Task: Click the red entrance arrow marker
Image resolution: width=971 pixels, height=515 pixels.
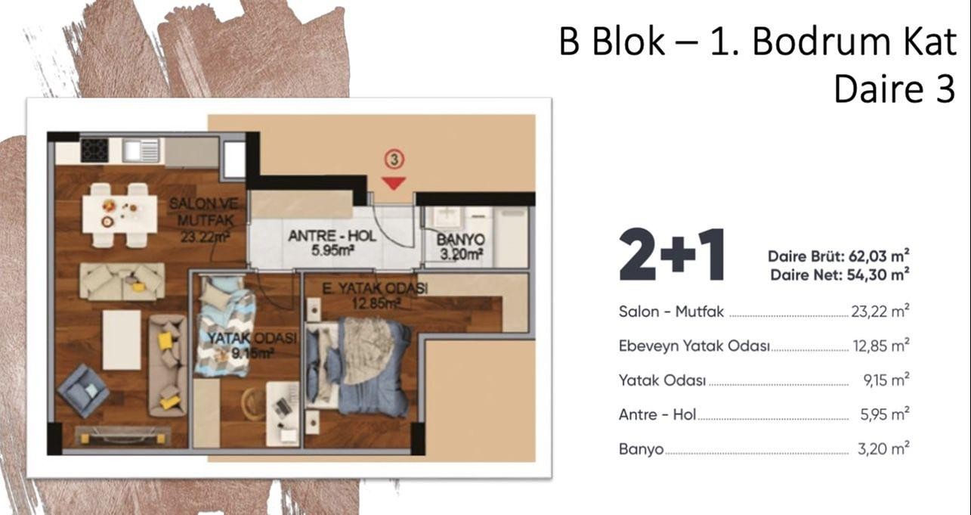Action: pyautogui.click(x=394, y=183)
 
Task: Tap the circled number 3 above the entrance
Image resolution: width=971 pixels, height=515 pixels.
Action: pyautogui.click(x=394, y=160)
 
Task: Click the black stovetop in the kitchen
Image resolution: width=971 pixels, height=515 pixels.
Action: pyautogui.click(x=94, y=150)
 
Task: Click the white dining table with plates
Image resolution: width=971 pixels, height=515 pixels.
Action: pyautogui.click(x=120, y=215)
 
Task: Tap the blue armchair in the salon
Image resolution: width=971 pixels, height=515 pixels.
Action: pyautogui.click(x=83, y=390)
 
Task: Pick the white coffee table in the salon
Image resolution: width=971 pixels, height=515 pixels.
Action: pyautogui.click(x=122, y=340)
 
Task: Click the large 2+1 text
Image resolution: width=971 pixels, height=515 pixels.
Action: pyautogui.click(x=672, y=255)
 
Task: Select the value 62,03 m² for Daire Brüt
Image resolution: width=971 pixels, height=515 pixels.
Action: pyautogui.click(x=879, y=256)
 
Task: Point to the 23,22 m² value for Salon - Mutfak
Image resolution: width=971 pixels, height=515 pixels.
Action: pyautogui.click(x=880, y=312)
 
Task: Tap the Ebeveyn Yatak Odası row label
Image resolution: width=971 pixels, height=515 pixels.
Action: pyautogui.click(x=694, y=346)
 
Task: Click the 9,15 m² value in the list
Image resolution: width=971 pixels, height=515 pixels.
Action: pyautogui.click(x=886, y=380)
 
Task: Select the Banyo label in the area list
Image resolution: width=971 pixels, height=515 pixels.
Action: pyautogui.click(x=641, y=449)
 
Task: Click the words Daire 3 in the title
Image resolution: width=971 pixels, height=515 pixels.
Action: pyautogui.click(x=894, y=89)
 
